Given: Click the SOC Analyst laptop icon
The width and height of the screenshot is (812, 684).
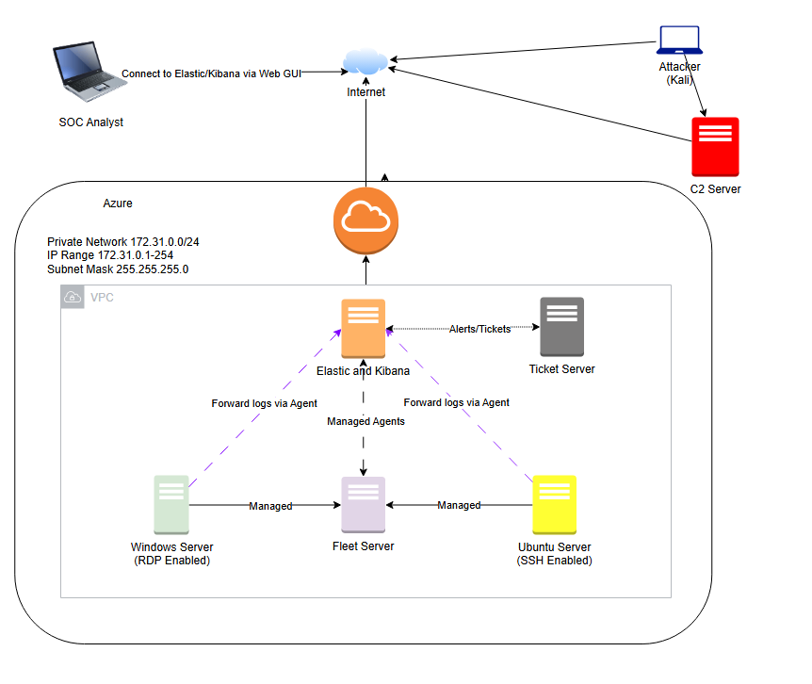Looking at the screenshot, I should coord(88,74).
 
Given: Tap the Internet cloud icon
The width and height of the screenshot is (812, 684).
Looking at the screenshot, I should coord(365,63).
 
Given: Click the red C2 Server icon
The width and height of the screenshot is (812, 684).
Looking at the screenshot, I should coord(715,147).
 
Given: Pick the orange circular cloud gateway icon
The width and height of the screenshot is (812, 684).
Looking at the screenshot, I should coord(365,220).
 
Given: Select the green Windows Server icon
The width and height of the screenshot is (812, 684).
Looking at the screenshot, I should coord(171,505).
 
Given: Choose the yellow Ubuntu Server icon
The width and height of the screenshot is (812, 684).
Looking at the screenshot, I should coord(554,505).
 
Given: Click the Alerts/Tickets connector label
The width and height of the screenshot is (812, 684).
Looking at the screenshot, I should coord(479,329).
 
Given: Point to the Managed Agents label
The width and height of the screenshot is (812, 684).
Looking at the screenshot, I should coord(365,421).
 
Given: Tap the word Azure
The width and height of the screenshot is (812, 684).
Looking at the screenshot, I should coord(118,204).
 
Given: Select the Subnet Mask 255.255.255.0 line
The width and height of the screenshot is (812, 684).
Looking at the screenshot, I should coord(118,269).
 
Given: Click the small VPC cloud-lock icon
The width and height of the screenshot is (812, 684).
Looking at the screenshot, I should coord(72,297).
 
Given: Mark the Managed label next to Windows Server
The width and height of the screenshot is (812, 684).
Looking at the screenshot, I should coord(270,506).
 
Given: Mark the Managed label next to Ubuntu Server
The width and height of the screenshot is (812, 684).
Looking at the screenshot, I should coord(459,506).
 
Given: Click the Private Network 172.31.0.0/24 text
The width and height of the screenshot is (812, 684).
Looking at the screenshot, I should coord(122,242).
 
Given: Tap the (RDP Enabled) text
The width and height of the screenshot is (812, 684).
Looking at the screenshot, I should coord(171,561).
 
